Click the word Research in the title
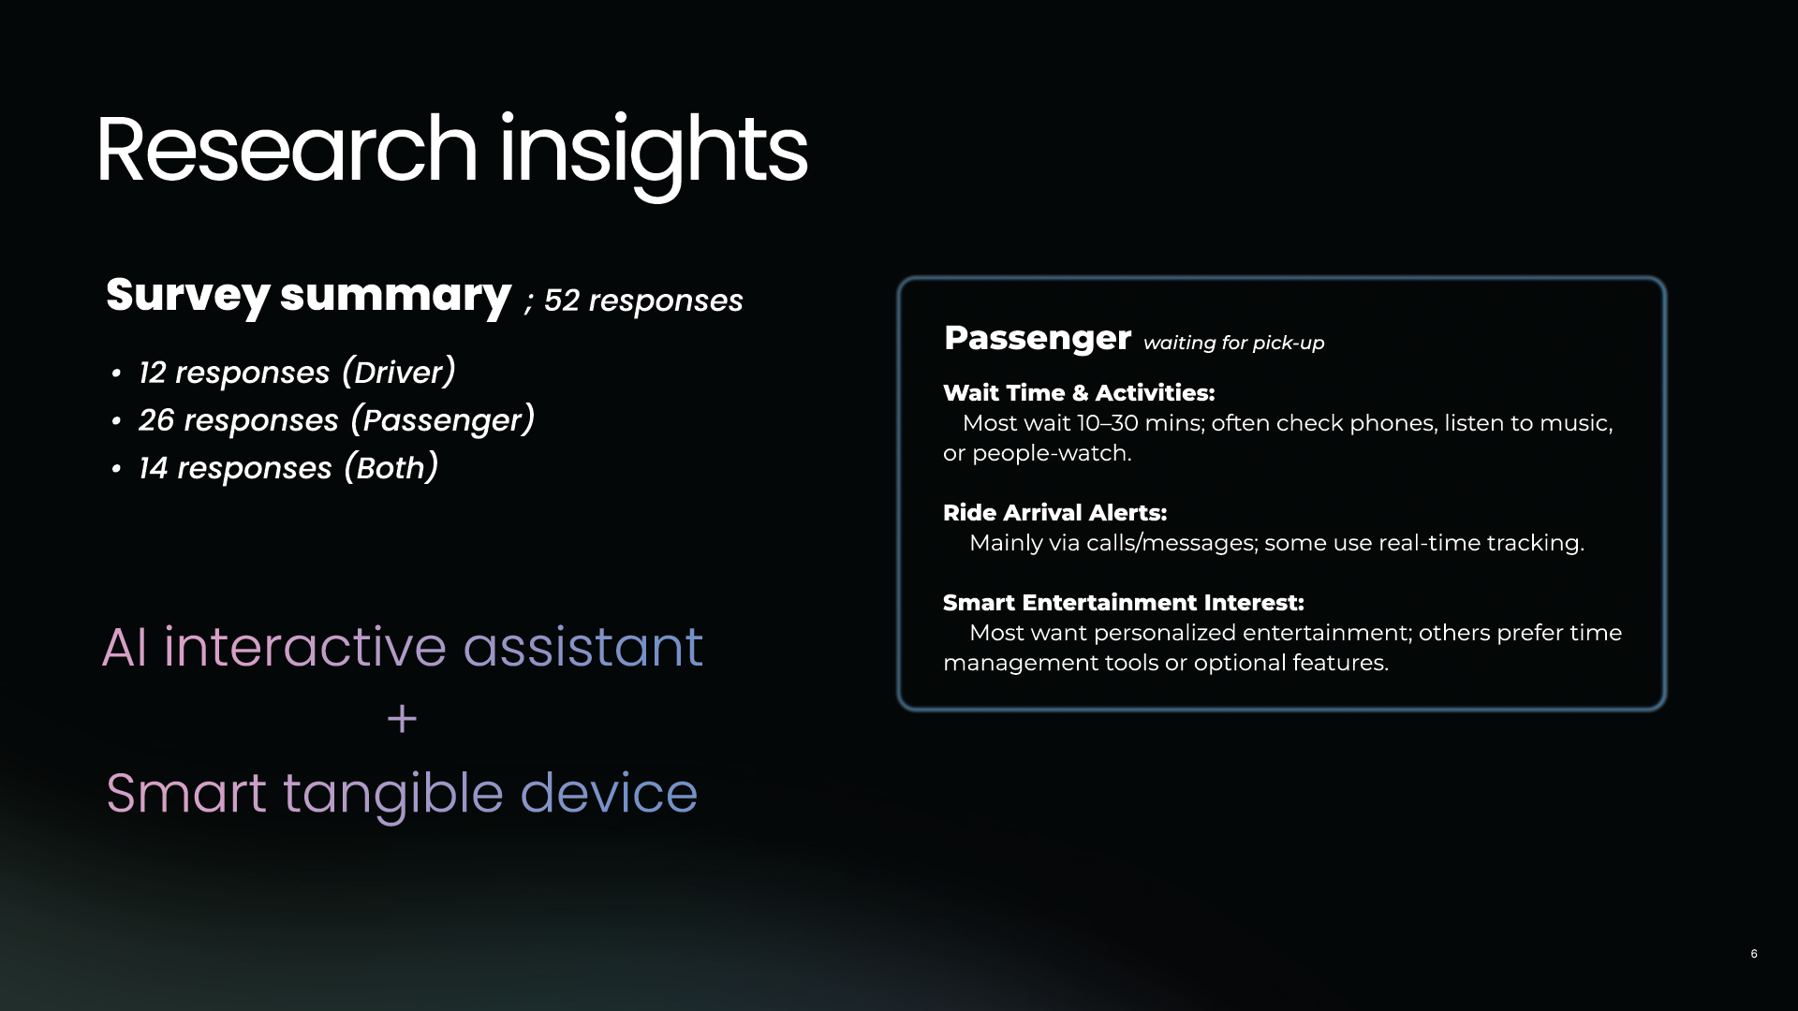[x=287, y=150]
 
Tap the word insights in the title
[x=654, y=155]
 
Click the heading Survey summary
[x=308, y=297]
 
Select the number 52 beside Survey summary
[x=561, y=300]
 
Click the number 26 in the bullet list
[x=156, y=420]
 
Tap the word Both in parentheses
[x=391, y=468]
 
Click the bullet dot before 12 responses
[x=116, y=374]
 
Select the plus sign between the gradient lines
[x=402, y=719]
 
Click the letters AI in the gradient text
[x=125, y=647]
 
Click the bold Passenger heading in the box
[x=1038, y=338]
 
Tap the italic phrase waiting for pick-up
[x=1234, y=343]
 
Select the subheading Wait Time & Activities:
[x=1079, y=393]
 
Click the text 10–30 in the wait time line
[x=1108, y=423]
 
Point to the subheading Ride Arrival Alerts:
[x=1055, y=513]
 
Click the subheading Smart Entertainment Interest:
[x=1124, y=603]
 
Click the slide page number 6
[x=1754, y=954]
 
